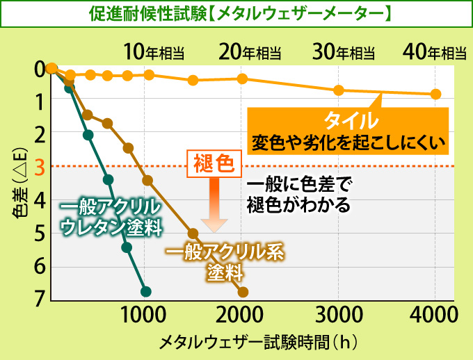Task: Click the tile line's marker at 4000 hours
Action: [x=435, y=94]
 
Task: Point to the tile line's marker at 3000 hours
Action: [x=339, y=90]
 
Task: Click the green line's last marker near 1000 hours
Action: [x=145, y=291]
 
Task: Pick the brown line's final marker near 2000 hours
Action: [x=243, y=292]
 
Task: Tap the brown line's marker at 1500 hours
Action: [x=193, y=234]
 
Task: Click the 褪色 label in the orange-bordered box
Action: [x=214, y=164]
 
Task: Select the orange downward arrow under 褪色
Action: [x=214, y=205]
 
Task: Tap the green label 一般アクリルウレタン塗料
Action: [x=110, y=218]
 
